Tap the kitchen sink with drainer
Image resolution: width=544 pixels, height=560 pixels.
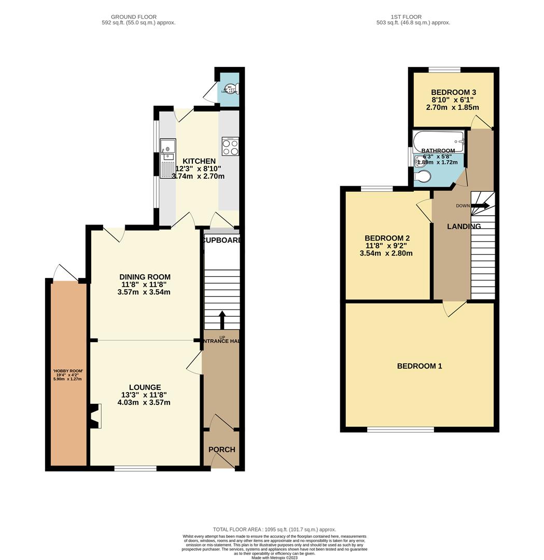168,159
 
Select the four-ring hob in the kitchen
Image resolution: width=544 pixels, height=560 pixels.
230,147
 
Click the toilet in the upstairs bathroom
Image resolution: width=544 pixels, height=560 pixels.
422,177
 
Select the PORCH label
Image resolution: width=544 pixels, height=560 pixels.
221,450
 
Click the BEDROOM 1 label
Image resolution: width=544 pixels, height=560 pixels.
420,366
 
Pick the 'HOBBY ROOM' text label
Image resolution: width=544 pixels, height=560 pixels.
68,371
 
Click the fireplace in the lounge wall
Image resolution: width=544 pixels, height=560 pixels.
95,416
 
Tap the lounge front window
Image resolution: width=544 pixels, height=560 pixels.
135,469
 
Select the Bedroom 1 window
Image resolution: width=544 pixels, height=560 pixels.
400,429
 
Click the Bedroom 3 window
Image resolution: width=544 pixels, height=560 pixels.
444,69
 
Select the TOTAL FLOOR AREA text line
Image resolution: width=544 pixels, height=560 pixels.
274,529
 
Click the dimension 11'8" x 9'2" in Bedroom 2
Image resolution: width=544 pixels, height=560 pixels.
386,246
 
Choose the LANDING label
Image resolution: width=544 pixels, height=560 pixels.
464,226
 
